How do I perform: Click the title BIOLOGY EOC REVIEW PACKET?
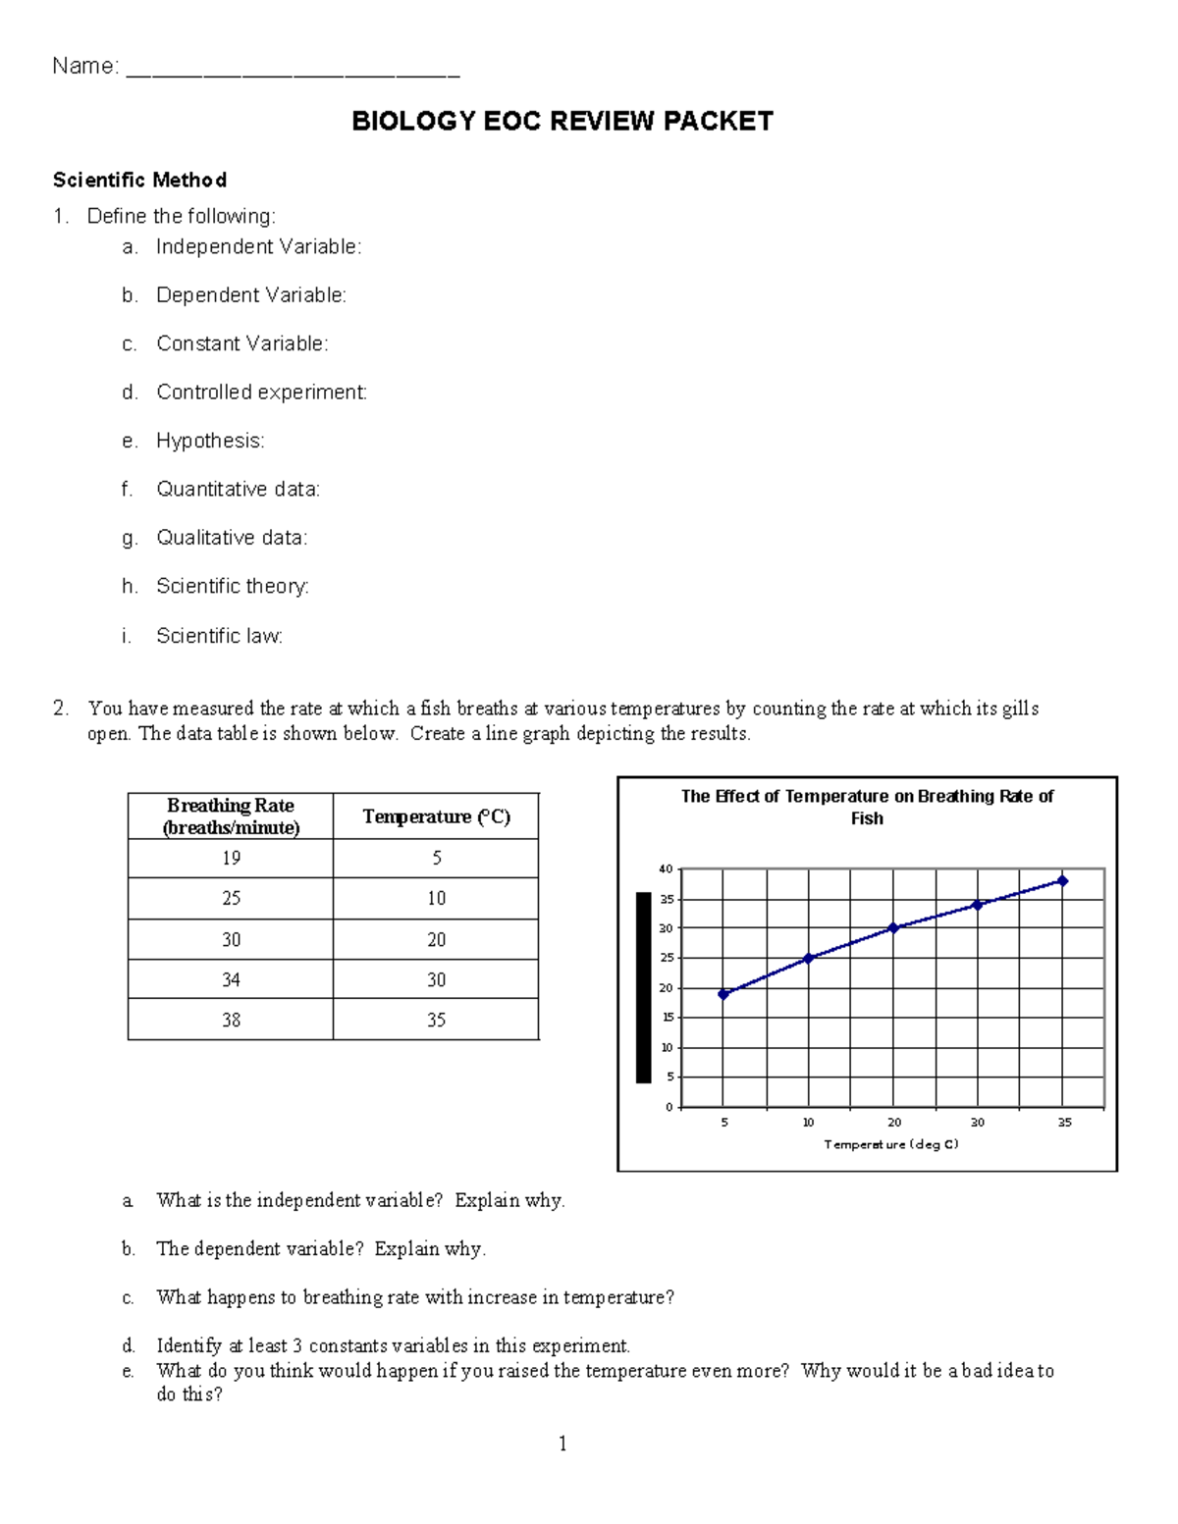[x=562, y=122]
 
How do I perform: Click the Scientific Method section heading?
[x=139, y=181]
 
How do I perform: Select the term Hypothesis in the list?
[x=210, y=441]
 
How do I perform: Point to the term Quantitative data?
[x=238, y=489]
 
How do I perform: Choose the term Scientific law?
[x=219, y=636]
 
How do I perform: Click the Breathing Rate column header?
[x=231, y=816]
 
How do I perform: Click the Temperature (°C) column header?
[x=436, y=816]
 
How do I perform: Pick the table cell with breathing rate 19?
[x=231, y=859]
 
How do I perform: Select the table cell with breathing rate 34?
[x=231, y=979]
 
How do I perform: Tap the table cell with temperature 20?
[x=436, y=939]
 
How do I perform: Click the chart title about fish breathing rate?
[x=867, y=807]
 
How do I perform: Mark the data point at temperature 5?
[x=723, y=994]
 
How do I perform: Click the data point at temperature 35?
[x=1063, y=881]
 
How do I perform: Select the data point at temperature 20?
[x=893, y=928]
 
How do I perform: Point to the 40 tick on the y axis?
[x=666, y=869]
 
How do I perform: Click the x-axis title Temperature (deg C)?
[x=891, y=1144]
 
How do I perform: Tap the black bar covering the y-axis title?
[x=644, y=987]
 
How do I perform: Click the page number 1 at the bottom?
[x=562, y=1444]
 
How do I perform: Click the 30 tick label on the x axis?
[x=978, y=1123]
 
